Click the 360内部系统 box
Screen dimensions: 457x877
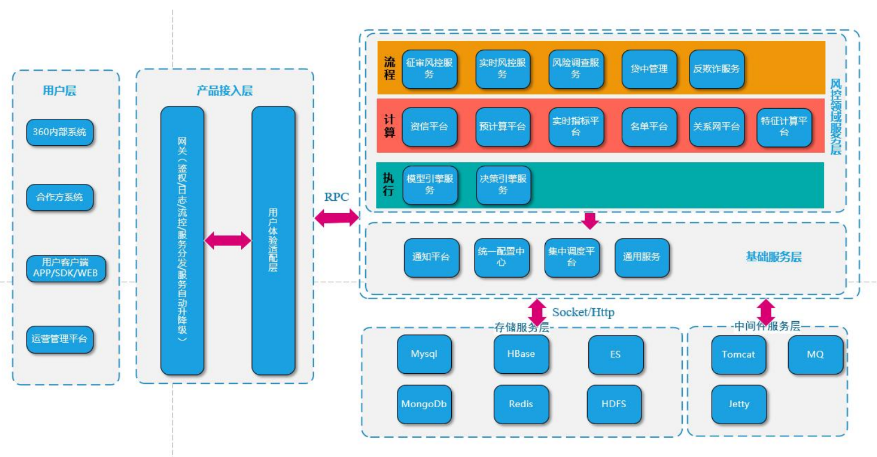59,132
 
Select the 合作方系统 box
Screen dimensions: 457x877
59,197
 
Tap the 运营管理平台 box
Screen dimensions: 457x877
59,339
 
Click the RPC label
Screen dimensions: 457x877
336,197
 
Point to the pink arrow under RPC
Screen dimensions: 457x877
336,217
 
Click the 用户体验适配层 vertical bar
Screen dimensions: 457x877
273,240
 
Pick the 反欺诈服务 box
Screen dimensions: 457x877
716,69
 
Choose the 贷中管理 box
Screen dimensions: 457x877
649,69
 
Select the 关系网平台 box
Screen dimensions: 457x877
716,127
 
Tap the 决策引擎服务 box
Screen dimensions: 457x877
503,184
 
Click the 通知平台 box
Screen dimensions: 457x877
431,257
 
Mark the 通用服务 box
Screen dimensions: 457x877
641,257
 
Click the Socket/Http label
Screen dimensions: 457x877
583,312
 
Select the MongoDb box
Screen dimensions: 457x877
424,404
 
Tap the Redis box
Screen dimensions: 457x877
521,404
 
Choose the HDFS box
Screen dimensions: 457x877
614,404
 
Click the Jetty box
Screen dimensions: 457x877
739,404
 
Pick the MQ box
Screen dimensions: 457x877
815,355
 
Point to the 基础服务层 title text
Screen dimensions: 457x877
773,257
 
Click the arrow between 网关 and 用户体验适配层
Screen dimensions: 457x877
227,240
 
